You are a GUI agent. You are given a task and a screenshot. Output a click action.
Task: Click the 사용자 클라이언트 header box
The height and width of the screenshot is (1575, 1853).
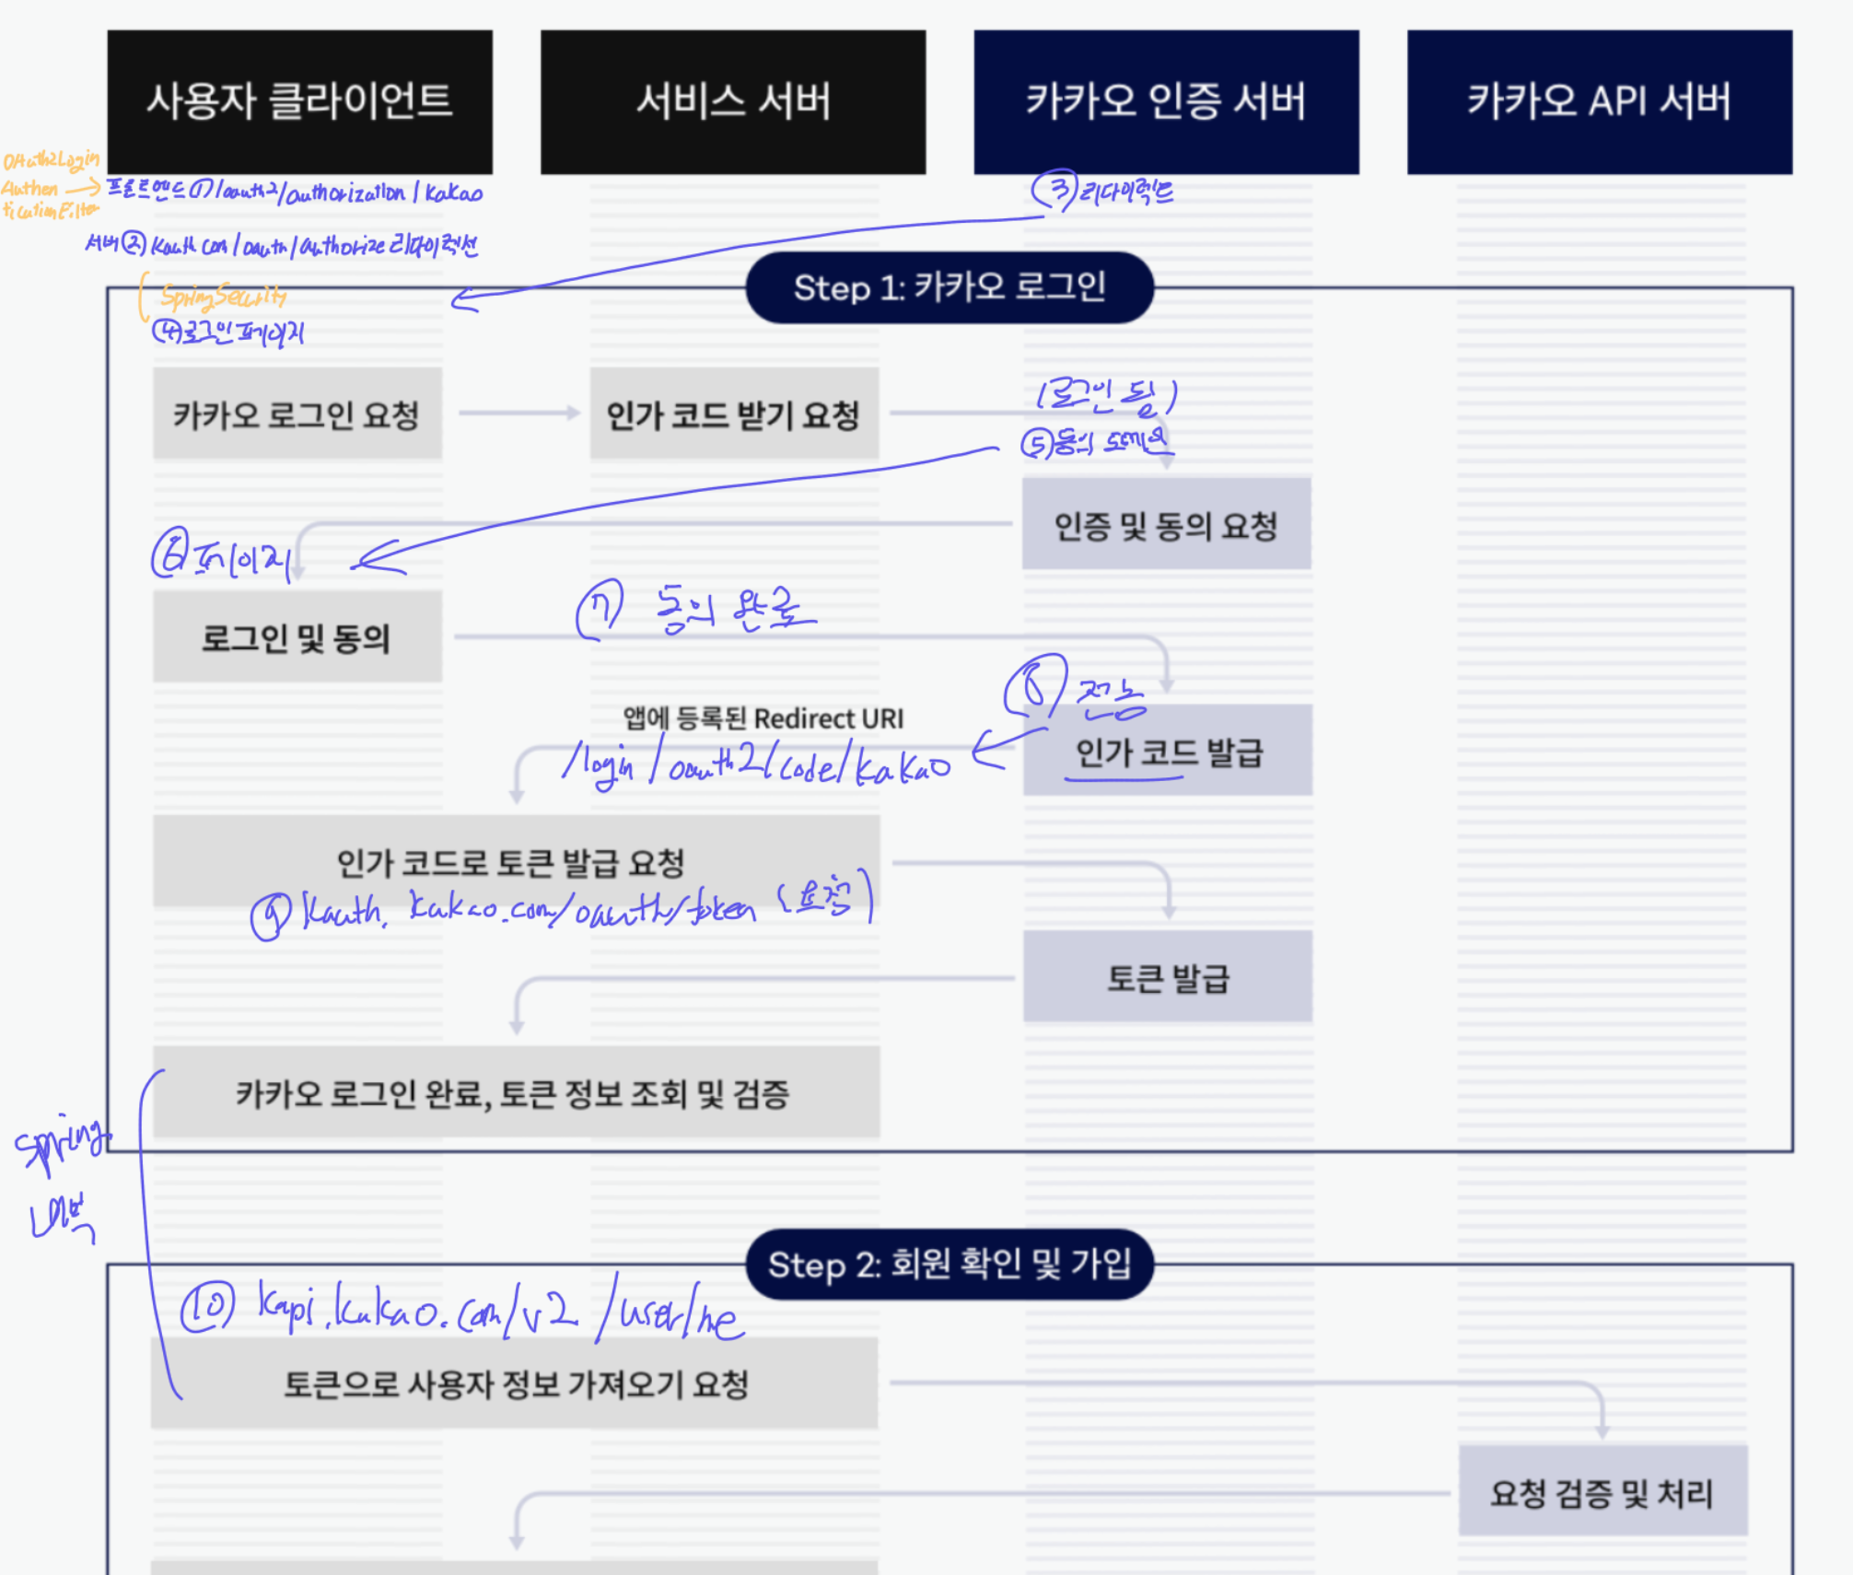click(299, 101)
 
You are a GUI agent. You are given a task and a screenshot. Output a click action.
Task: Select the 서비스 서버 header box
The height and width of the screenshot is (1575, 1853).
click(733, 101)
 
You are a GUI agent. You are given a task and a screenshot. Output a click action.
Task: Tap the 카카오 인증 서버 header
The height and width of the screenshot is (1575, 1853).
click(1166, 101)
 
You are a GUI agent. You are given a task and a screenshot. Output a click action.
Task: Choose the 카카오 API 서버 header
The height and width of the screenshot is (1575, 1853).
click(1599, 101)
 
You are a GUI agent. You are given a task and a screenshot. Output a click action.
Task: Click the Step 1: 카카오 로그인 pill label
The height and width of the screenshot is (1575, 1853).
click(950, 287)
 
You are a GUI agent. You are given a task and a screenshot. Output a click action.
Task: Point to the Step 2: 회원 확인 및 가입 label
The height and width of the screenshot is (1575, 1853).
click(950, 1265)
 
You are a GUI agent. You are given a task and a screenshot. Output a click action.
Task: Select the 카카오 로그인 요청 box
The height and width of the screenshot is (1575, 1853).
click(297, 414)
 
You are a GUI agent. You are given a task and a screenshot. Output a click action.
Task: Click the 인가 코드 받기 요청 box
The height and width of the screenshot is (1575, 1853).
click(734, 414)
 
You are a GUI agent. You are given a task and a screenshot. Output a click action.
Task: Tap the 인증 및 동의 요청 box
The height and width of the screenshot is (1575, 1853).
click(1166, 525)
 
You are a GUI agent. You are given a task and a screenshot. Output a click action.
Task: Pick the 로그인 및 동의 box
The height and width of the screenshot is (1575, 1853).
click(297, 637)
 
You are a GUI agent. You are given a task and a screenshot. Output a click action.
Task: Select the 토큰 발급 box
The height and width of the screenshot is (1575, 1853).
click(1168, 977)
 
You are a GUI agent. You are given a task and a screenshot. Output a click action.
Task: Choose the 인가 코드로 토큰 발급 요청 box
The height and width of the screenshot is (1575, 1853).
click(516, 861)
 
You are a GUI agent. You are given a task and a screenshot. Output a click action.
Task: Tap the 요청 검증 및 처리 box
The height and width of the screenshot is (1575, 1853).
click(1602, 1491)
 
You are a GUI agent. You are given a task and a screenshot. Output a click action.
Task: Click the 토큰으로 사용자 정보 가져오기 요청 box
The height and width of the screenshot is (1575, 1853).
click(515, 1383)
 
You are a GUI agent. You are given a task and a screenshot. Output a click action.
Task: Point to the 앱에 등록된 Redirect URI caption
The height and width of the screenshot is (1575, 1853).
click(763, 718)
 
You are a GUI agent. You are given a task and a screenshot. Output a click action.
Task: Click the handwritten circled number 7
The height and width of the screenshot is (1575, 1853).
click(600, 610)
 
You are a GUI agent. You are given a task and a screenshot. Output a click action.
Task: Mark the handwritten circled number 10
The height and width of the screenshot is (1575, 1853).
click(207, 1308)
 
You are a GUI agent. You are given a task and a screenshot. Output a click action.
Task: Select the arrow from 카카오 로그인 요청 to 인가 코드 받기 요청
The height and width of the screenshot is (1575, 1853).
click(519, 413)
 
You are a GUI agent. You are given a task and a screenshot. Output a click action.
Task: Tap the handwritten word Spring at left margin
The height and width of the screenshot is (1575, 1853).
click(61, 1145)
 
